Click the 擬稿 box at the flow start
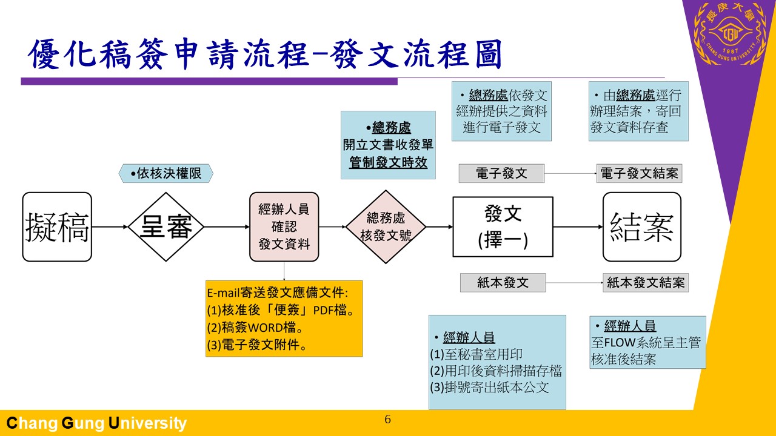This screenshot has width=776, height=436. click(57, 227)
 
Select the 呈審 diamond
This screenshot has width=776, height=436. click(166, 227)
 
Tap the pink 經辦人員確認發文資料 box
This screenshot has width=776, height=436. click(284, 227)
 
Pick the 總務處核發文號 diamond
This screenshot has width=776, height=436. click(386, 227)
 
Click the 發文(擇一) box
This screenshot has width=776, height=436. click(503, 227)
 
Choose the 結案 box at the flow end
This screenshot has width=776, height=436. click(641, 227)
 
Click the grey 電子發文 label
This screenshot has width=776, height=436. click(501, 174)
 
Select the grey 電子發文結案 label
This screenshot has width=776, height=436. click(639, 174)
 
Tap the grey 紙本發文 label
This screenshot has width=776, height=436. click(503, 283)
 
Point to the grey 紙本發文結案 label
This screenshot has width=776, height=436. click(645, 283)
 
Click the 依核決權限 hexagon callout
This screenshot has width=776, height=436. click(167, 174)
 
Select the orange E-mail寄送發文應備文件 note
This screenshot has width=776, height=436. click(284, 319)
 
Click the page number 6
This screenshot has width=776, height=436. click(388, 420)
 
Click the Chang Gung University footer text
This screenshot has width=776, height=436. click(96, 423)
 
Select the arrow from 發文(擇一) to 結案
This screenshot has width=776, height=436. click(578, 227)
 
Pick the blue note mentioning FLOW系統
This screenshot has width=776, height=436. click(647, 342)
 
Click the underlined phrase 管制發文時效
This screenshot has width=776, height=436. click(388, 162)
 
